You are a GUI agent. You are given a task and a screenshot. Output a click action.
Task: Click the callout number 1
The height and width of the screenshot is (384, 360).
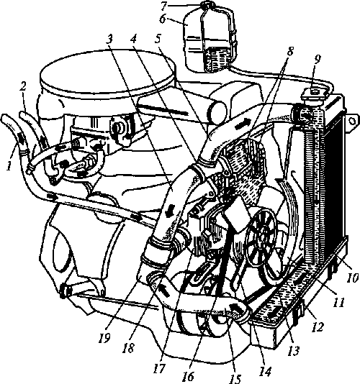click(9, 166)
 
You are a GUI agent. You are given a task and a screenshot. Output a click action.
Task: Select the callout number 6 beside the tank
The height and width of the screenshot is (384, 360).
click(162, 19)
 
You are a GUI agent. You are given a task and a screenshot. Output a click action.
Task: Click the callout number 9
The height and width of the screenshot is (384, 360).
click(318, 60)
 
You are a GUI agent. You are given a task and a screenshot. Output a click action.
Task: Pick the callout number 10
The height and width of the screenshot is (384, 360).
click(353, 278)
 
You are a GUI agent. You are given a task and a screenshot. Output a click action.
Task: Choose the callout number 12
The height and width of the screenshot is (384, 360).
click(318, 326)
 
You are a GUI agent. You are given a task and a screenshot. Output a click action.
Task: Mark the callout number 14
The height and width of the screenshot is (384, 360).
click(266, 371)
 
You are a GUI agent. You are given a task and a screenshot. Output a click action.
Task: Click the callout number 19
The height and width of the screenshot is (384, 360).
click(104, 338)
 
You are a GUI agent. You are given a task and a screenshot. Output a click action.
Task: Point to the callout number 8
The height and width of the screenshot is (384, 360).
click(289, 52)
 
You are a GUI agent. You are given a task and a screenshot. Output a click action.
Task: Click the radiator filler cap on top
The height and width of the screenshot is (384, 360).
click(312, 94)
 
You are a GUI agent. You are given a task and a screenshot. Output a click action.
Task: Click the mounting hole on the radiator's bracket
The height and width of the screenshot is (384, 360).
click(352, 121)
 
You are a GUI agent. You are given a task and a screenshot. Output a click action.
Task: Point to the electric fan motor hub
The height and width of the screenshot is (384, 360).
click(263, 237)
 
